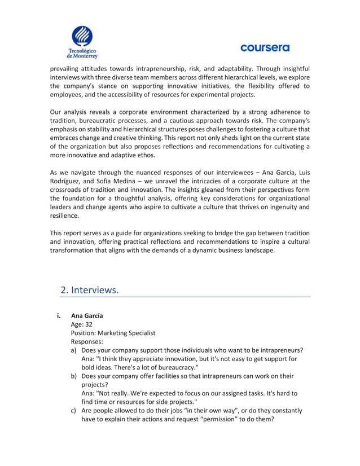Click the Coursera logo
tap(265, 48)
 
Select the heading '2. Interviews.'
tap(90, 290)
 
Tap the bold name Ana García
tap(87, 315)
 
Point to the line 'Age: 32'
tap(82, 324)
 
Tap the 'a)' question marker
tap(74, 350)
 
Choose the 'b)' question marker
tap(74, 376)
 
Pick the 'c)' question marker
tap(74, 410)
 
